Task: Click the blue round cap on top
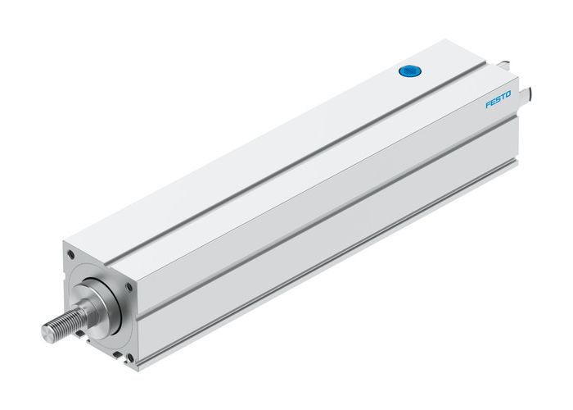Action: [408, 73]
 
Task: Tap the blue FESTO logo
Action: [498, 102]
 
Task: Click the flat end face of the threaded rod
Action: [48, 332]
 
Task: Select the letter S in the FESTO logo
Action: [497, 102]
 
